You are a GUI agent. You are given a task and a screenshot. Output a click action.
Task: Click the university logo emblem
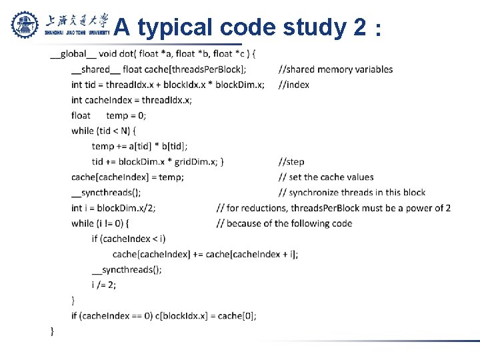click(x=26, y=25)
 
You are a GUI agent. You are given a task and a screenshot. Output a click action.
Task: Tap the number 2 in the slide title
click(x=359, y=27)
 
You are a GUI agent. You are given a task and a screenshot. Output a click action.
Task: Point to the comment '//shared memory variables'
click(x=335, y=69)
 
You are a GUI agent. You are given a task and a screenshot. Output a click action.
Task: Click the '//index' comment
click(x=293, y=85)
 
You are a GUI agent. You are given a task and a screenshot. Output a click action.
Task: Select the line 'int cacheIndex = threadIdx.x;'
click(x=131, y=100)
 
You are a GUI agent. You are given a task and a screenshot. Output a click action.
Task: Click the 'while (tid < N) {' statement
click(x=103, y=131)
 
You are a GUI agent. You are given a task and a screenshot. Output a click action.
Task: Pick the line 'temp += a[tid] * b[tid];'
click(x=139, y=146)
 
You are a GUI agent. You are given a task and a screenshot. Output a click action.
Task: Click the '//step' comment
click(x=291, y=161)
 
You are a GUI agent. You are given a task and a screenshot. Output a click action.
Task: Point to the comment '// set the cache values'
click(x=326, y=177)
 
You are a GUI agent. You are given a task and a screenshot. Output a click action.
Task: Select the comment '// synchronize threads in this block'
click(x=352, y=193)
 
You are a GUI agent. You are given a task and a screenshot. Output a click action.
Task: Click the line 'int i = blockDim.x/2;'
click(x=113, y=208)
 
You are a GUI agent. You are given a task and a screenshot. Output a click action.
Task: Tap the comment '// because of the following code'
click(x=285, y=223)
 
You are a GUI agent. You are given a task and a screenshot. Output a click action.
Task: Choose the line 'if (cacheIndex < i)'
click(x=129, y=239)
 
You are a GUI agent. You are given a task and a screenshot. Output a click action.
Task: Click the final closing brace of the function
click(x=53, y=331)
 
